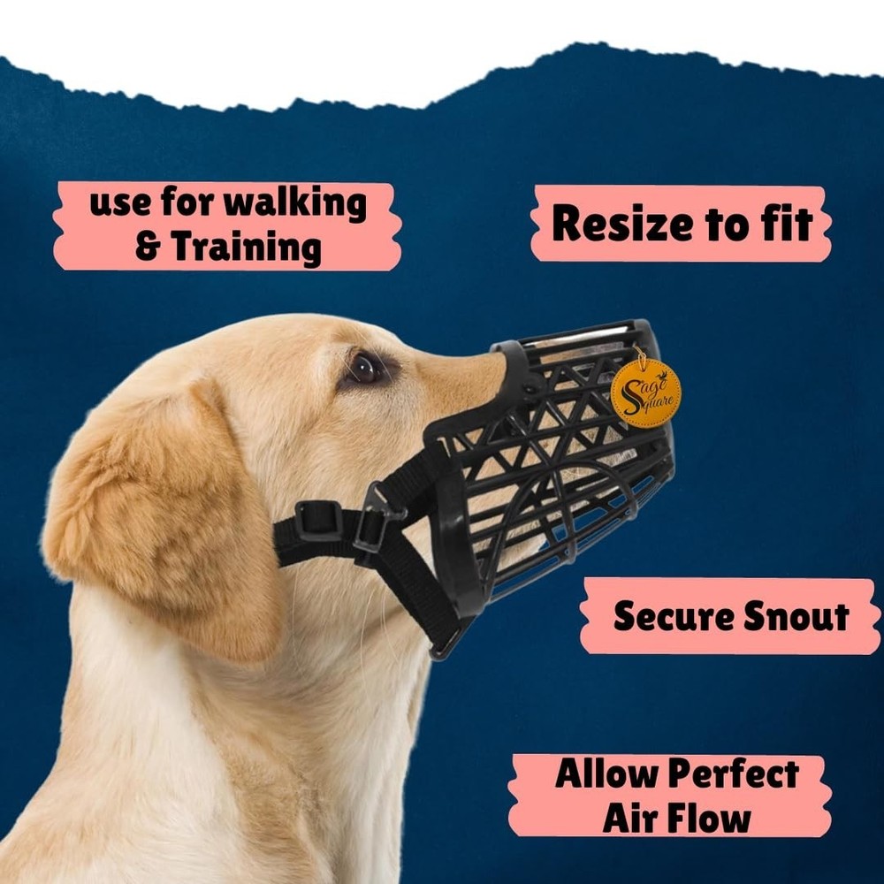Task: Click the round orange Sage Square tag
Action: pos(645,392)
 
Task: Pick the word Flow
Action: pos(706,818)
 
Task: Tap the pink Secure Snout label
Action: pos(730,616)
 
